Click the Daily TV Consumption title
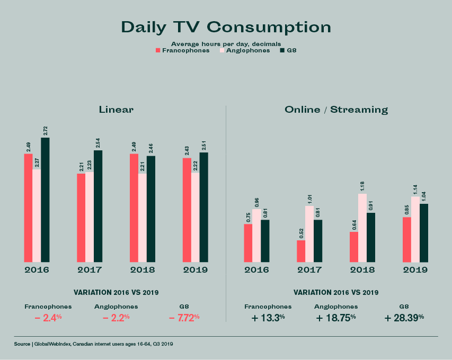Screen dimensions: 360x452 226,28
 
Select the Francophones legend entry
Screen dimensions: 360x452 182,50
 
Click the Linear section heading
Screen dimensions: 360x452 116,110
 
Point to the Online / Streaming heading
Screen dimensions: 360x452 336,110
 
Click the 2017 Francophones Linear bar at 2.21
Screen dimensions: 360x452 81,218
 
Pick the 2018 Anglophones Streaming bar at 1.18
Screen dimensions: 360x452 362,228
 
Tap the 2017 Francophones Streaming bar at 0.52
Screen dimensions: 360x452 301,251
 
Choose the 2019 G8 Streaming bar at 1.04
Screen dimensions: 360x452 424,233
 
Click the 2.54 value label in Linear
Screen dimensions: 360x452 98,142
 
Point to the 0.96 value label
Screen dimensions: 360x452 256,201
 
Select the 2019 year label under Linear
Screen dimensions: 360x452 196,270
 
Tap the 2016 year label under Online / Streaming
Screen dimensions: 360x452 256,270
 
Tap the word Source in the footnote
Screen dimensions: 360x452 22,344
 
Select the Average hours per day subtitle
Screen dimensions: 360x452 226,43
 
